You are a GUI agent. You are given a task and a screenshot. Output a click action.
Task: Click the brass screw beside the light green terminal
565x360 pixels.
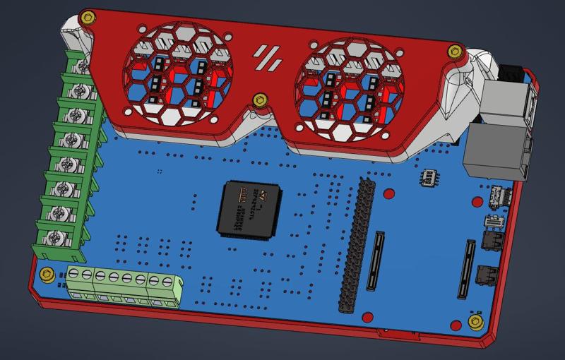point(47,274)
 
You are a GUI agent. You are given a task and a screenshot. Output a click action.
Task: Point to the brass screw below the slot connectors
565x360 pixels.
point(476,322)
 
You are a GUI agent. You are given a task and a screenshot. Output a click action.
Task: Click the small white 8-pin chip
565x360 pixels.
point(428,177)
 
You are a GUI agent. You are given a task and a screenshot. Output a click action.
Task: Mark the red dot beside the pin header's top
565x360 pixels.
point(388,193)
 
